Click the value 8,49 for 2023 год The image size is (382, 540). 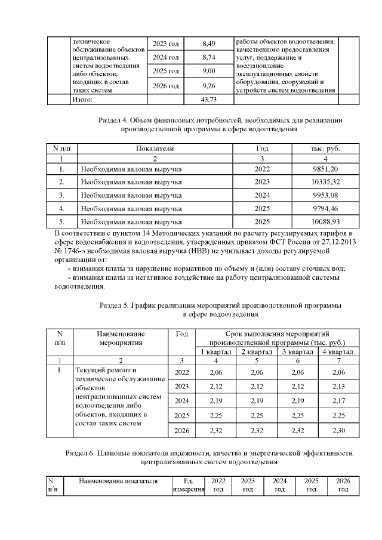click(x=209, y=44)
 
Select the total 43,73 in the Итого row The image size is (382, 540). click(x=209, y=99)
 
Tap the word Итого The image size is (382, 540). click(x=81, y=99)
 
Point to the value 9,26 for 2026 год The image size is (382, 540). click(x=209, y=86)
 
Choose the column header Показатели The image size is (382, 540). click(x=154, y=148)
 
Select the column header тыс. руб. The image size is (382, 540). click(x=325, y=148)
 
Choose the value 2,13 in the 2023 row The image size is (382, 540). click(x=337, y=386)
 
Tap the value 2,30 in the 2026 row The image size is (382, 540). click(x=337, y=431)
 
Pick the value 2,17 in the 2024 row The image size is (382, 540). click(x=337, y=401)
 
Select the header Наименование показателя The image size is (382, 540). click(x=116, y=481)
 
